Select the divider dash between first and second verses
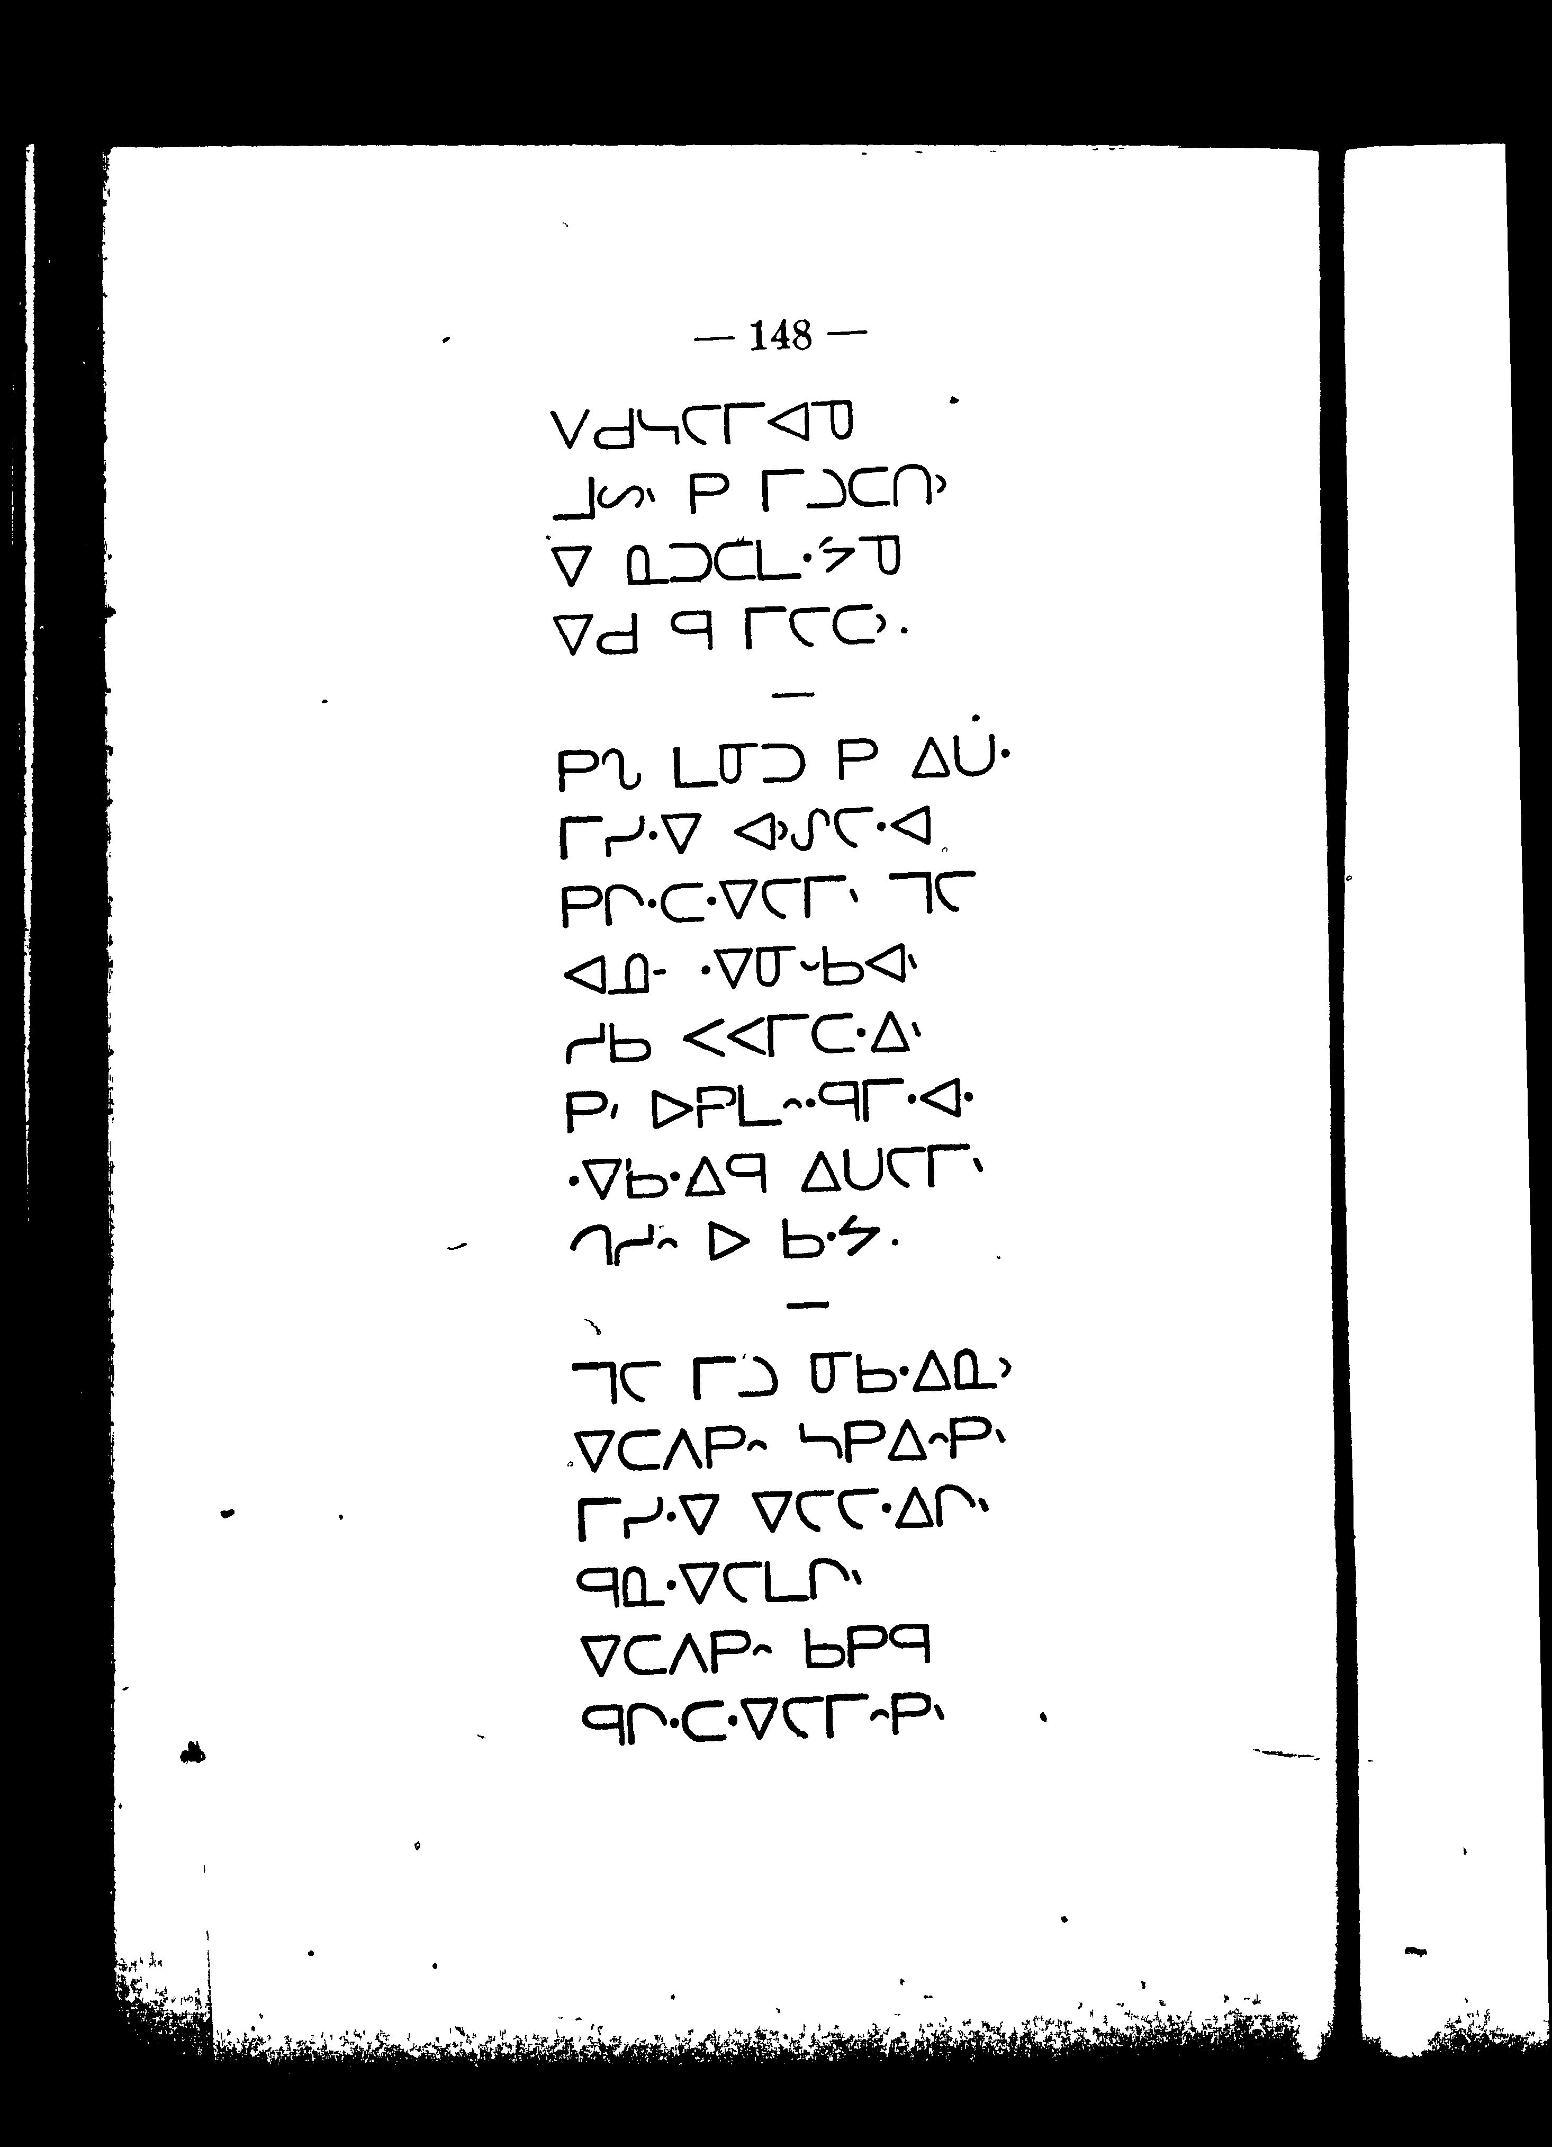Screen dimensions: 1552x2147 (793, 696)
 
